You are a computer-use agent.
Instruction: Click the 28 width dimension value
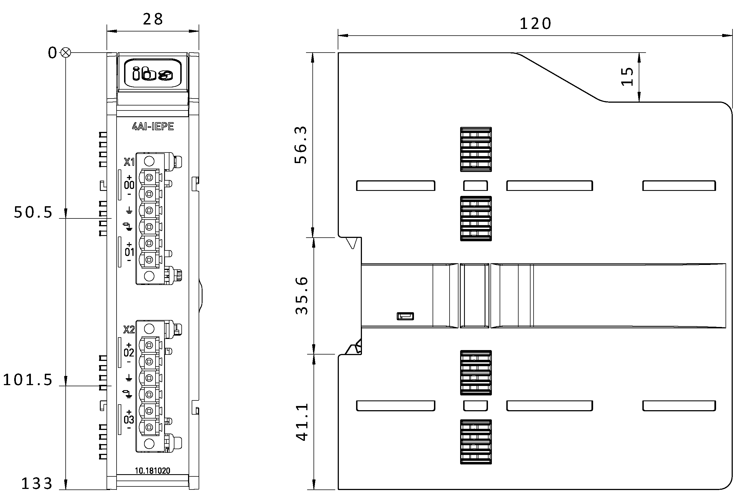tap(153, 19)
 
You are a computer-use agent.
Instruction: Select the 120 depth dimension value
tap(535, 24)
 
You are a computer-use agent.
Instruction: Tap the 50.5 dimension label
tap(33, 212)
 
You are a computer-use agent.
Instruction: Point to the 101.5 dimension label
tap(28, 380)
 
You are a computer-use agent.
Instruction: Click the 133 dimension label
tap(37, 484)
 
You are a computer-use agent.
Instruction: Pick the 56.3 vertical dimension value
tap(301, 145)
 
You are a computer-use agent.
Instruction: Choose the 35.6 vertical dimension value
tap(302, 296)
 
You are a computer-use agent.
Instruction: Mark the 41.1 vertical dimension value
tap(302, 422)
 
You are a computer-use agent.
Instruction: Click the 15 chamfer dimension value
tap(627, 77)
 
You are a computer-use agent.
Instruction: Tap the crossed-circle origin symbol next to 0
tap(66, 53)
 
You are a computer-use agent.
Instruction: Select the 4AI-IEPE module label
tap(153, 126)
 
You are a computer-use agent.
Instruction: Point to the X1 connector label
tap(129, 162)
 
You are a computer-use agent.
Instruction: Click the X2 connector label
tap(129, 330)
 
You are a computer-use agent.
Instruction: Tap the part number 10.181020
tap(152, 471)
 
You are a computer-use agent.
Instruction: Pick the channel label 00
tap(129, 185)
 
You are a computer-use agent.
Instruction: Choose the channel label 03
tap(129, 420)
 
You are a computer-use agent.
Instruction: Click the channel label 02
tap(129, 353)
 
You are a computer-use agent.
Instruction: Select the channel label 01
tap(129, 252)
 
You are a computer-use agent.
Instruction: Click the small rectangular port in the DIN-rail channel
tap(405, 316)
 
